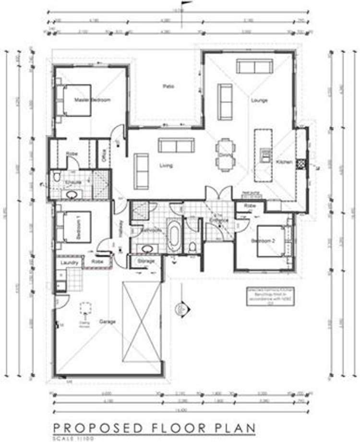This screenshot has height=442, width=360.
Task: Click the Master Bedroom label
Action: pos(92,100)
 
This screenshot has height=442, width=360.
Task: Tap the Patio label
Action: pos(168,86)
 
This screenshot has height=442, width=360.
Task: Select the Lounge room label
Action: pos(259,101)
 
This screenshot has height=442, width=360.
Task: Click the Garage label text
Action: pos(108,322)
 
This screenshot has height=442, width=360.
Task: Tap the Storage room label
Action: pos(146,261)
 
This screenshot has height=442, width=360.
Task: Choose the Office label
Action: pos(102,155)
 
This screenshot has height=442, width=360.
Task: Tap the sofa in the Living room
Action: pos(176,145)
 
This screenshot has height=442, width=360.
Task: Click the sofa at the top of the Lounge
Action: pos(254,67)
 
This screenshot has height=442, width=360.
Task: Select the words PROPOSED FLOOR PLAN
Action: pos(154,427)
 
